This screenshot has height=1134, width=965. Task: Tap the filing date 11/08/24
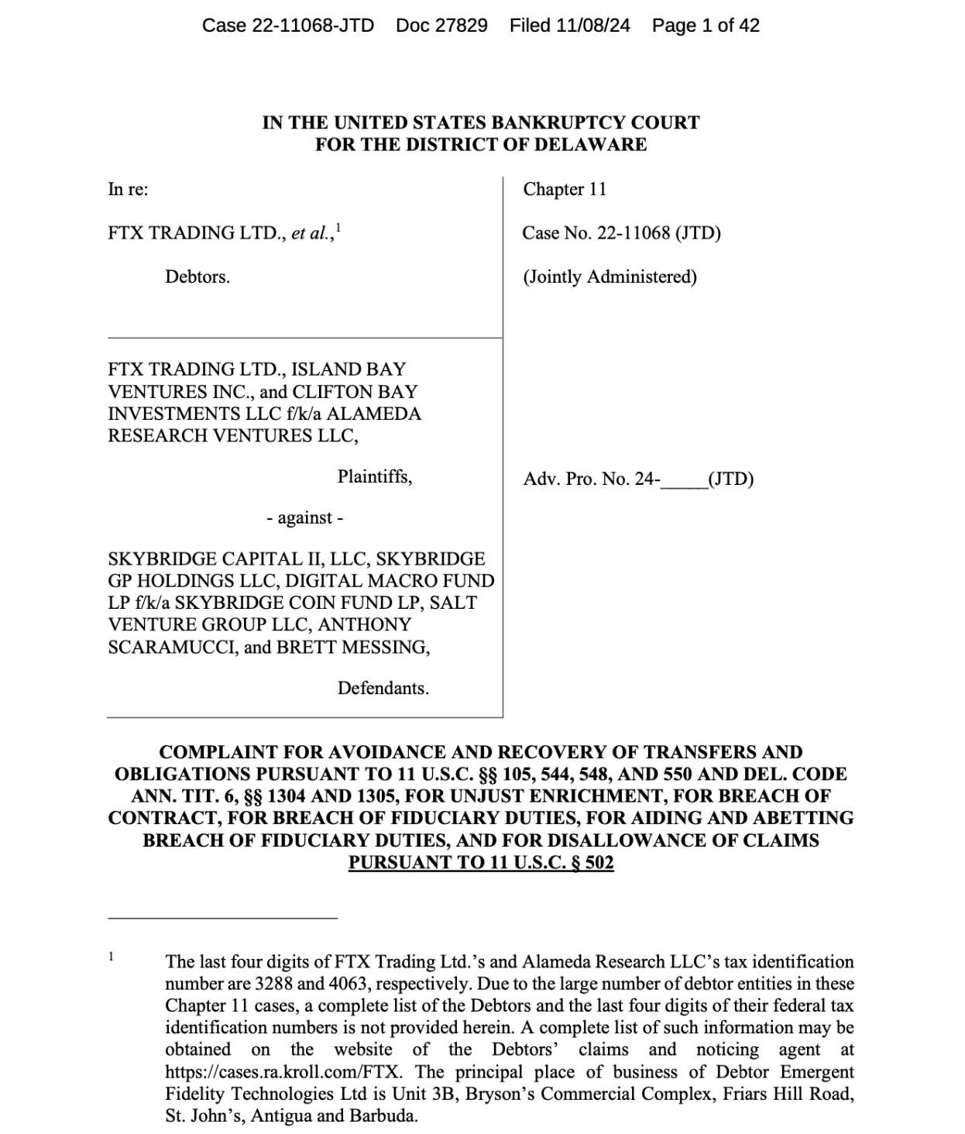(x=592, y=26)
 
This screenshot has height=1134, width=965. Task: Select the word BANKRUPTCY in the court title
(x=546, y=122)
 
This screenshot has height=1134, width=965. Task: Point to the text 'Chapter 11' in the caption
(x=565, y=189)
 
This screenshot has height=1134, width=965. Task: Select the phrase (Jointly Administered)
(x=610, y=277)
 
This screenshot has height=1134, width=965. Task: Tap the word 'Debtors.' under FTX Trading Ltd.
(x=197, y=277)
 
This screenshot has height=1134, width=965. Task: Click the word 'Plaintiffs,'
(x=374, y=476)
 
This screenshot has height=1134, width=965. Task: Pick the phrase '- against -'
(x=304, y=517)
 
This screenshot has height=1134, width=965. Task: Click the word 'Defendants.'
(x=383, y=688)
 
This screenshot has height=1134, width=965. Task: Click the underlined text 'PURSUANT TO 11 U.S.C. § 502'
(x=481, y=862)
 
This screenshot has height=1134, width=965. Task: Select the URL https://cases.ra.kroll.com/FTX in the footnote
(x=288, y=1072)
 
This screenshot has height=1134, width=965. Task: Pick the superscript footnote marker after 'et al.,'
(x=338, y=227)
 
